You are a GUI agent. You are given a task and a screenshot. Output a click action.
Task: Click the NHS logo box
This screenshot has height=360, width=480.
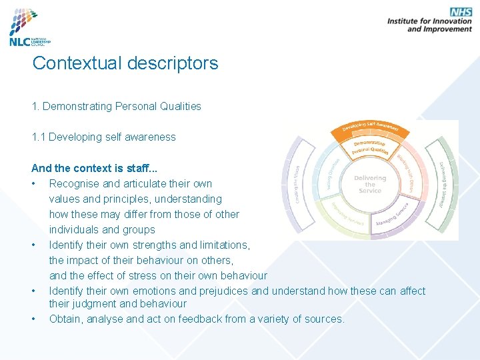pos(461,12)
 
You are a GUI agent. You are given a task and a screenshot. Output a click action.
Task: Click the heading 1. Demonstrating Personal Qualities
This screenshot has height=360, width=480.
pos(116,106)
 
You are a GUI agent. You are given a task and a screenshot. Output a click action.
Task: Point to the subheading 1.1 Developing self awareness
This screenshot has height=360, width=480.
pos(103,137)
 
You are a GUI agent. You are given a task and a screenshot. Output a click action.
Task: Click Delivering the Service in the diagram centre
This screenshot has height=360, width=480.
pos(370,184)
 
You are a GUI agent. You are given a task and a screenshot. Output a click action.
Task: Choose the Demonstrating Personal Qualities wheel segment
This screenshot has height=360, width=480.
pos(371,147)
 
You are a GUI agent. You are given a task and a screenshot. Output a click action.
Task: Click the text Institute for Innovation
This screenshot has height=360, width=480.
pos(429,21)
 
